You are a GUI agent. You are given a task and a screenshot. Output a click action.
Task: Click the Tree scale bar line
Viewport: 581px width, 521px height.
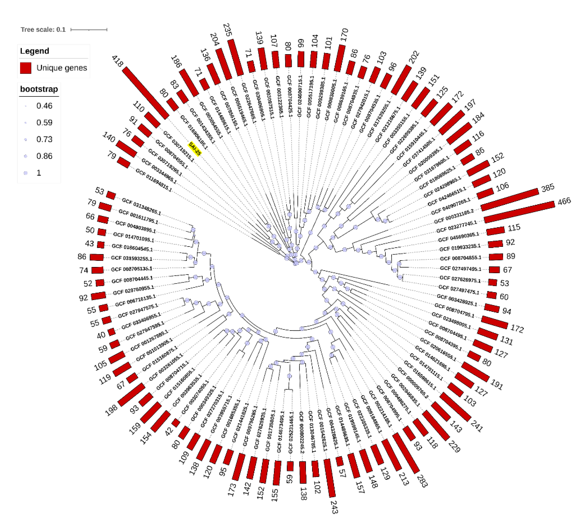[x=89, y=29]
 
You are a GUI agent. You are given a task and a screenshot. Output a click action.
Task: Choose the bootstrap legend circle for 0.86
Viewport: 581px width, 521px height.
[x=26, y=156]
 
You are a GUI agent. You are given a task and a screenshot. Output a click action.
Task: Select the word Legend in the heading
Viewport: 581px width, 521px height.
[x=34, y=51]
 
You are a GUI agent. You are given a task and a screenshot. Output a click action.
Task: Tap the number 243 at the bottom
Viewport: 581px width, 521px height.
[x=334, y=507]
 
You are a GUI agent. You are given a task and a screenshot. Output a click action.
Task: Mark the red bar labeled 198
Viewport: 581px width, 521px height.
[x=131, y=394]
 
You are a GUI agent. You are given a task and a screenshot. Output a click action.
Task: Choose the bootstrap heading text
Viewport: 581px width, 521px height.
[x=39, y=89]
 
